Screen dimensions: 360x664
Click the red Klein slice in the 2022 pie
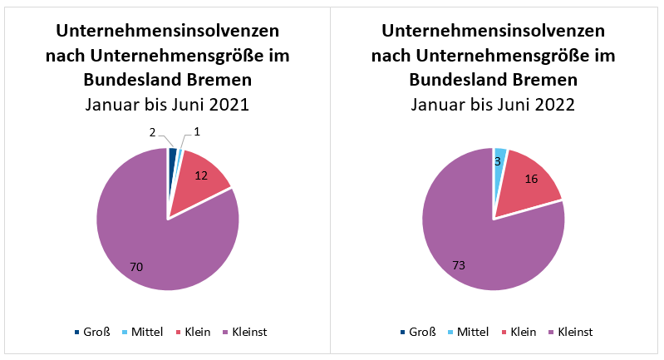coord(528,179)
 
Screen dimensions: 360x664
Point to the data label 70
coord(137,267)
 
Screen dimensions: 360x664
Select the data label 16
coord(532,179)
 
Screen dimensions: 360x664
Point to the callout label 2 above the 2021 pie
coord(152,132)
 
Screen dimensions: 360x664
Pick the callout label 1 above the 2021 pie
coord(197,132)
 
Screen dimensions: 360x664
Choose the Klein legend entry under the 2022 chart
coord(522,333)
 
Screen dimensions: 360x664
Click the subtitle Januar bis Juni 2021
coord(168,105)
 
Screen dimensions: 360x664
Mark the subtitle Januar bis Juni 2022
coord(494,105)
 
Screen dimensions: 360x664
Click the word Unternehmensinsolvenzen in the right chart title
coord(494,31)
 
